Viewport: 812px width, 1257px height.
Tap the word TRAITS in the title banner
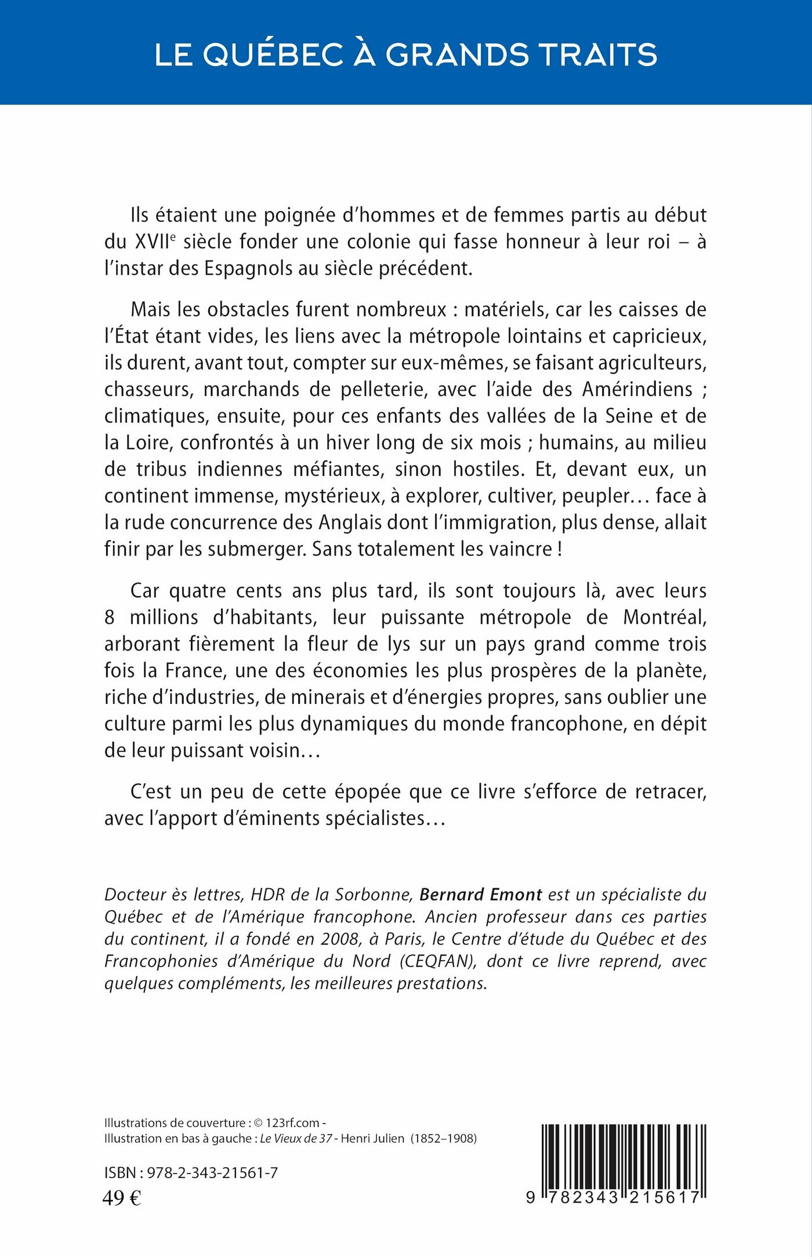coord(598,55)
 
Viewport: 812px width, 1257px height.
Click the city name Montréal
coord(665,617)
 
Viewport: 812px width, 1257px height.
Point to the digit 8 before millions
coord(110,617)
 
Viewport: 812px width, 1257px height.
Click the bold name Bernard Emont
coord(480,895)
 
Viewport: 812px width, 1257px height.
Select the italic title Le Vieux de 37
coord(296,1138)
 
